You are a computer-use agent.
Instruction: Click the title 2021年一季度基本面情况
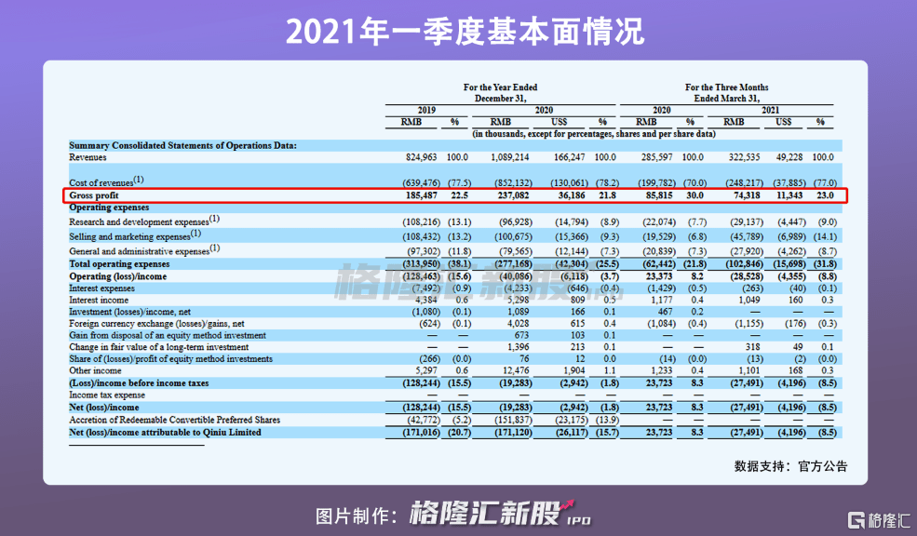(x=458, y=32)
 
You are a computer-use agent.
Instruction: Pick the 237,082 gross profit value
(x=510, y=195)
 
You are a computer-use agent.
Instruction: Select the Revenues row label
(x=88, y=158)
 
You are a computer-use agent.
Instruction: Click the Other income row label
(x=94, y=370)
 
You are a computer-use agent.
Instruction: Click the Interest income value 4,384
(x=423, y=299)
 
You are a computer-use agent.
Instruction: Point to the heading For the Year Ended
(x=500, y=87)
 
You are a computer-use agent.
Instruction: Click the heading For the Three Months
(x=727, y=87)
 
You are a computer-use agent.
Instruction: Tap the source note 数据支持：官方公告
(x=790, y=465)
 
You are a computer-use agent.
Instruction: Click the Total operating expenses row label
(x=118, y=263)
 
